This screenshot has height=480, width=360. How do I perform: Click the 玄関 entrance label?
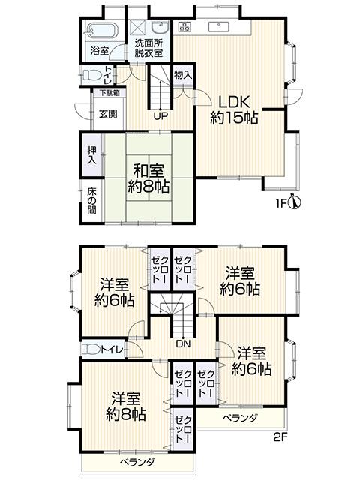point(109,114)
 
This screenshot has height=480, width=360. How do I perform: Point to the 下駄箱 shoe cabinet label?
point(110,94)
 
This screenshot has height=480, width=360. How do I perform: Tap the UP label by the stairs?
point(160,116)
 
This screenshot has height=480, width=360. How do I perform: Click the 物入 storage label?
point(183,75)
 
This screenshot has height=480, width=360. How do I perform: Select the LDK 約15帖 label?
point(234,109)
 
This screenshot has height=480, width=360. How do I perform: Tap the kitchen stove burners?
point(185,28)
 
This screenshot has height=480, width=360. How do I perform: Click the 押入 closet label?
point(91,155)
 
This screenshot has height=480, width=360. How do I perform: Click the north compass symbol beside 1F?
point(296,202)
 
